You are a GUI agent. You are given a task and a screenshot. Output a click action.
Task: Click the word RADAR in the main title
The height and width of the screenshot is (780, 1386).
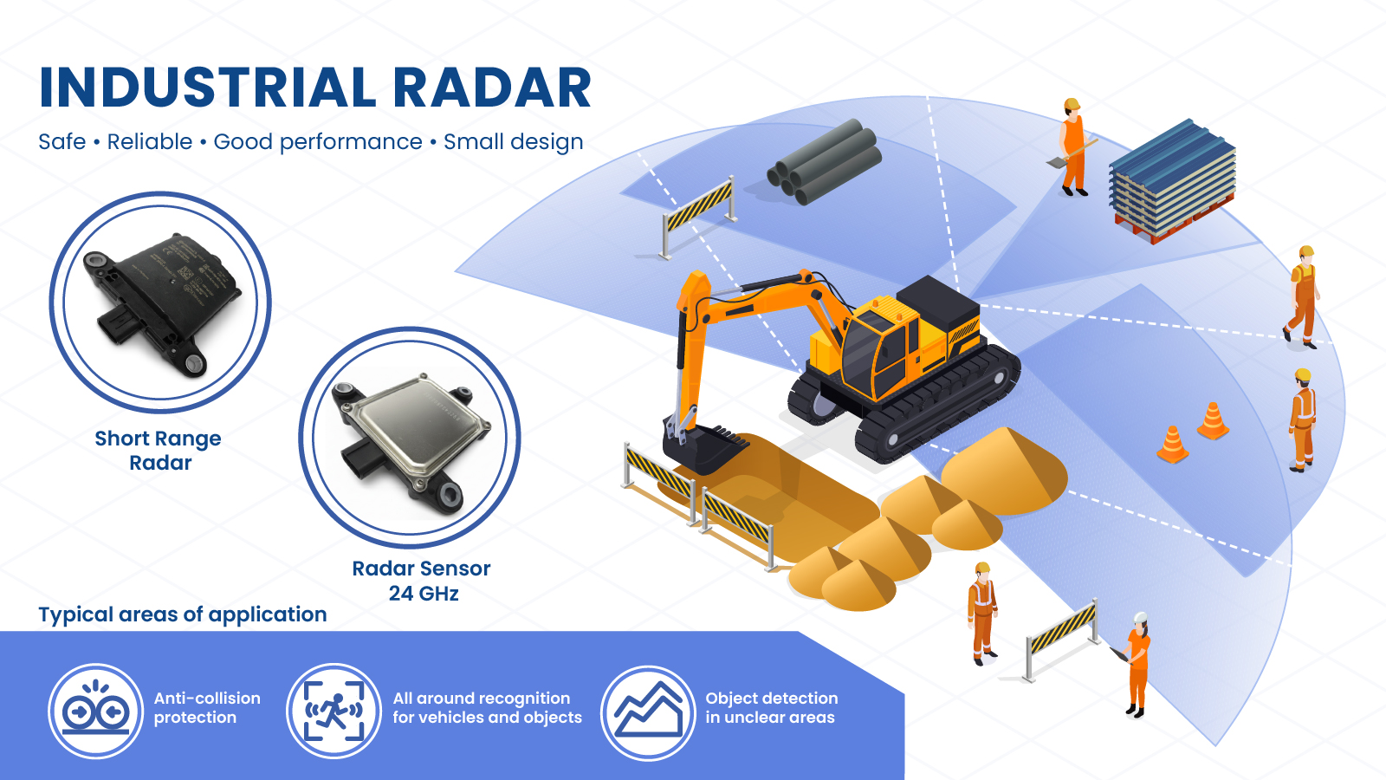tap(492, 88)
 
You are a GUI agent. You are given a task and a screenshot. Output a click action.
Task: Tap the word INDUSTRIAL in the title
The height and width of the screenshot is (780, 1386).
tap(207, 88)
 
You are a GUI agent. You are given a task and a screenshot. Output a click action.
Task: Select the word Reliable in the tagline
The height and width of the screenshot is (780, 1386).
tap(150, 142)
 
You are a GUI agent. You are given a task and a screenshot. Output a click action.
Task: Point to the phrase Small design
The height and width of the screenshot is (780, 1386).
tap(513, 142)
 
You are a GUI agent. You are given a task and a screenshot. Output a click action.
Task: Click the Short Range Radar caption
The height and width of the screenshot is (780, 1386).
tap(159, 451)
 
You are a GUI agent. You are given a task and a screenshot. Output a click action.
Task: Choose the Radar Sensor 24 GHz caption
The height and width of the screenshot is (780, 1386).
tap(422, 581)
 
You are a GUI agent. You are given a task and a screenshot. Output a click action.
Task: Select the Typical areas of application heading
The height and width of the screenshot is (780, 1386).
tap(183, 614)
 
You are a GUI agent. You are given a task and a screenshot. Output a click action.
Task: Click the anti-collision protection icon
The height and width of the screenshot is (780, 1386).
tap(95, 712)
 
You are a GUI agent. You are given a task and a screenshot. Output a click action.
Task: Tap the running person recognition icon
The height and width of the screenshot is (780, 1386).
tap(334, 712)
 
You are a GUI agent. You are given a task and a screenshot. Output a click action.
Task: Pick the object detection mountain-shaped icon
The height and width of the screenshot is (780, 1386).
tap(648, 712)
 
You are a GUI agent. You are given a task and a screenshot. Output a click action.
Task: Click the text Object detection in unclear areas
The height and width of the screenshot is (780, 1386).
tap(771, 708)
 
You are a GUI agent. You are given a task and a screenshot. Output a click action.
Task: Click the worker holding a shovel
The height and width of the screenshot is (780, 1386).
tap(1072, 147)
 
